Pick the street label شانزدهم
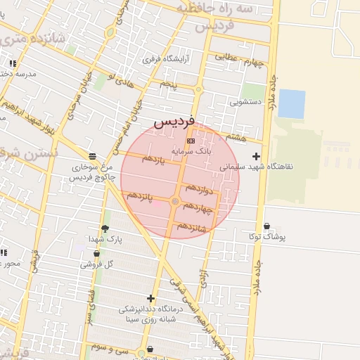[192, 226]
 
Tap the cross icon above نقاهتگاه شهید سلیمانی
[256, 156]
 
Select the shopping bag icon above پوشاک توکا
[266, 226]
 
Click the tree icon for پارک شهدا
[105, 228]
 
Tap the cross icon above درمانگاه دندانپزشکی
[150, 298]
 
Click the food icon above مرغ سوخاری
[92, 155]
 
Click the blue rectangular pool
[291, 103]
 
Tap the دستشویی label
[245, 102]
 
